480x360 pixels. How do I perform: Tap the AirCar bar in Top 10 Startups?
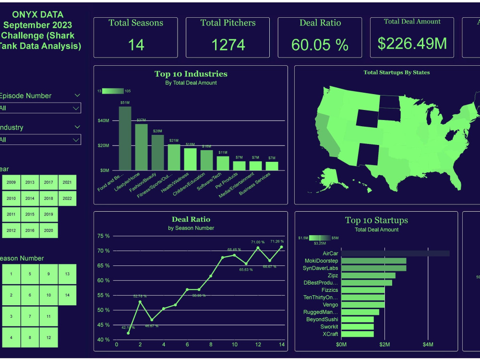pos(395,253)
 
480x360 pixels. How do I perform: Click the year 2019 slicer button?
pos(48,214)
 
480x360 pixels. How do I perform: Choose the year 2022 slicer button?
pos(67,198)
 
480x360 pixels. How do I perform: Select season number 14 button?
pos(67,295)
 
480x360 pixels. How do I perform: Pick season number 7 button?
pos(30,316)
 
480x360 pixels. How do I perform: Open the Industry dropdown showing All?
pos(40,140)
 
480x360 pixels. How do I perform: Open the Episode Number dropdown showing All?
pos(40,108)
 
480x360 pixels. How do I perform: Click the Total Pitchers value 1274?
pos(228,45)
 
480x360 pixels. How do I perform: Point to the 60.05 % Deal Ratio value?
pos(320,45)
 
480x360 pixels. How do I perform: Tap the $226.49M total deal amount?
pos(412,43)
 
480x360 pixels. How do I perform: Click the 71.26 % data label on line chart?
pos(277,241)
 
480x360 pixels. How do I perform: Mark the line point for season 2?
pos(140,301)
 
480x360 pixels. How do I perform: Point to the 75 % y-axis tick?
pos(104,236)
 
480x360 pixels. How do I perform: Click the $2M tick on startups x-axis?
pos(384,345)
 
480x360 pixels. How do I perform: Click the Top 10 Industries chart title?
pos(191,74)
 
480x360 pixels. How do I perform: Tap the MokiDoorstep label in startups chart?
pos(322,261)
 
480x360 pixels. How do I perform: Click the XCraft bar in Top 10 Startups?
pos(357,334)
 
